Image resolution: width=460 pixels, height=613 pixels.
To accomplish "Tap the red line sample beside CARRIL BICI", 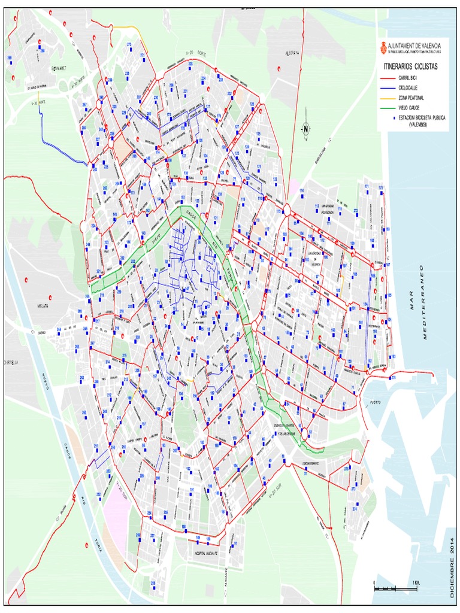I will click(x=388, y=78).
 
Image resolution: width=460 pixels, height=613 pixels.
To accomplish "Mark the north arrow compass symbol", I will click(x=305, y=128).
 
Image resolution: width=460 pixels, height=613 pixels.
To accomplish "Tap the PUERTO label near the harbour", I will click(x=376, y=402).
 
